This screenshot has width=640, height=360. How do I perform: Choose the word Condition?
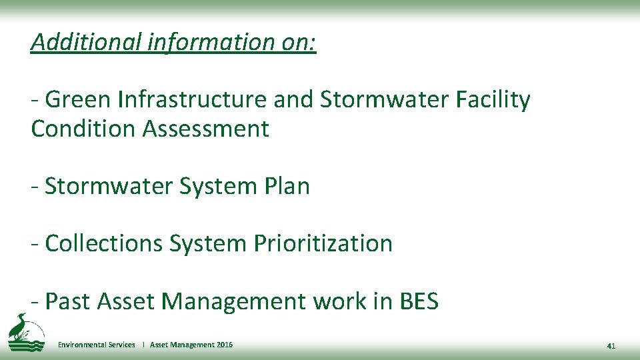[x=83, y=129]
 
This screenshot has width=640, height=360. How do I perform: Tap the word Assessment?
[x=206, y=129]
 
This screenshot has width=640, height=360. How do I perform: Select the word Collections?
[x=104, y=243]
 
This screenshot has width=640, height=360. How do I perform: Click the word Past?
[x=68, y=301]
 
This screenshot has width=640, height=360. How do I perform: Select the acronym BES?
[x=418, y=301]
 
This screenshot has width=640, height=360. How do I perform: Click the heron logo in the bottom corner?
[x=24, y=331]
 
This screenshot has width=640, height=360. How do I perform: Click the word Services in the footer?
[x=121, y=345]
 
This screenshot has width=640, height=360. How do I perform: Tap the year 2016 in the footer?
[x=225, y=345]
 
